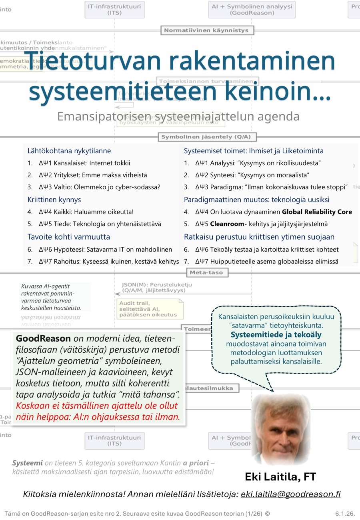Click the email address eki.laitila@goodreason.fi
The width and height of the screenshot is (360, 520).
coord(290,494)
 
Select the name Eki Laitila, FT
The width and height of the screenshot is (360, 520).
coord(280,476)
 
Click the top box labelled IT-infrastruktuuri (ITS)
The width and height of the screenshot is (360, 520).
coord(114,10)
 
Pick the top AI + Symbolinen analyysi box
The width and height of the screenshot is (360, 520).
coord(252,10)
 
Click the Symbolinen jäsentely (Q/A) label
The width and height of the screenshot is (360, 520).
coord(206,137)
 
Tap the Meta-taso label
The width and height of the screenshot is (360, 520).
coord(207,272)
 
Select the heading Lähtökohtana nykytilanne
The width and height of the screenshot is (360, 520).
coord(69,151)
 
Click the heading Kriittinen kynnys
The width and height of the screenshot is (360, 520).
coord(54,199)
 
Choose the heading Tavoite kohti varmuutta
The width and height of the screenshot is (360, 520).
coord(69,236)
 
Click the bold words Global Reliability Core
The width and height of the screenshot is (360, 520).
coord(317,212)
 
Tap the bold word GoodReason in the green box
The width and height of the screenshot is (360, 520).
coord(43,338)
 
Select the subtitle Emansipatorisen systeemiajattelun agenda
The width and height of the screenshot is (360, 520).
coord(178,116)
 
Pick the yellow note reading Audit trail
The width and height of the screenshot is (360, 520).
coord(150,308)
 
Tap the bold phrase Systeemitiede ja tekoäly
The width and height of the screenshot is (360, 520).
coord(276,334)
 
